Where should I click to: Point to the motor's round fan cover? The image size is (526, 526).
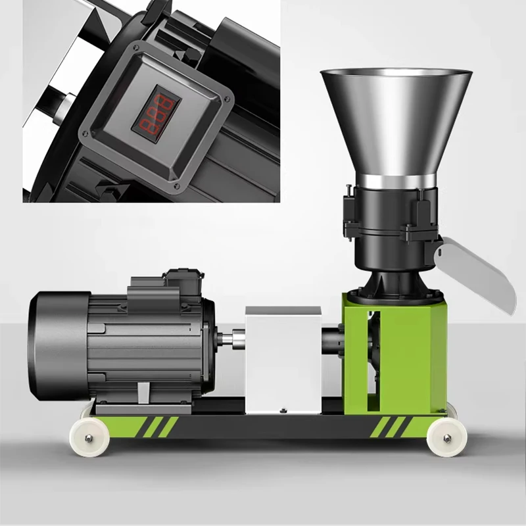point(56,345)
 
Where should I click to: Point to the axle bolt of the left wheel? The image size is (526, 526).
point(87,436)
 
